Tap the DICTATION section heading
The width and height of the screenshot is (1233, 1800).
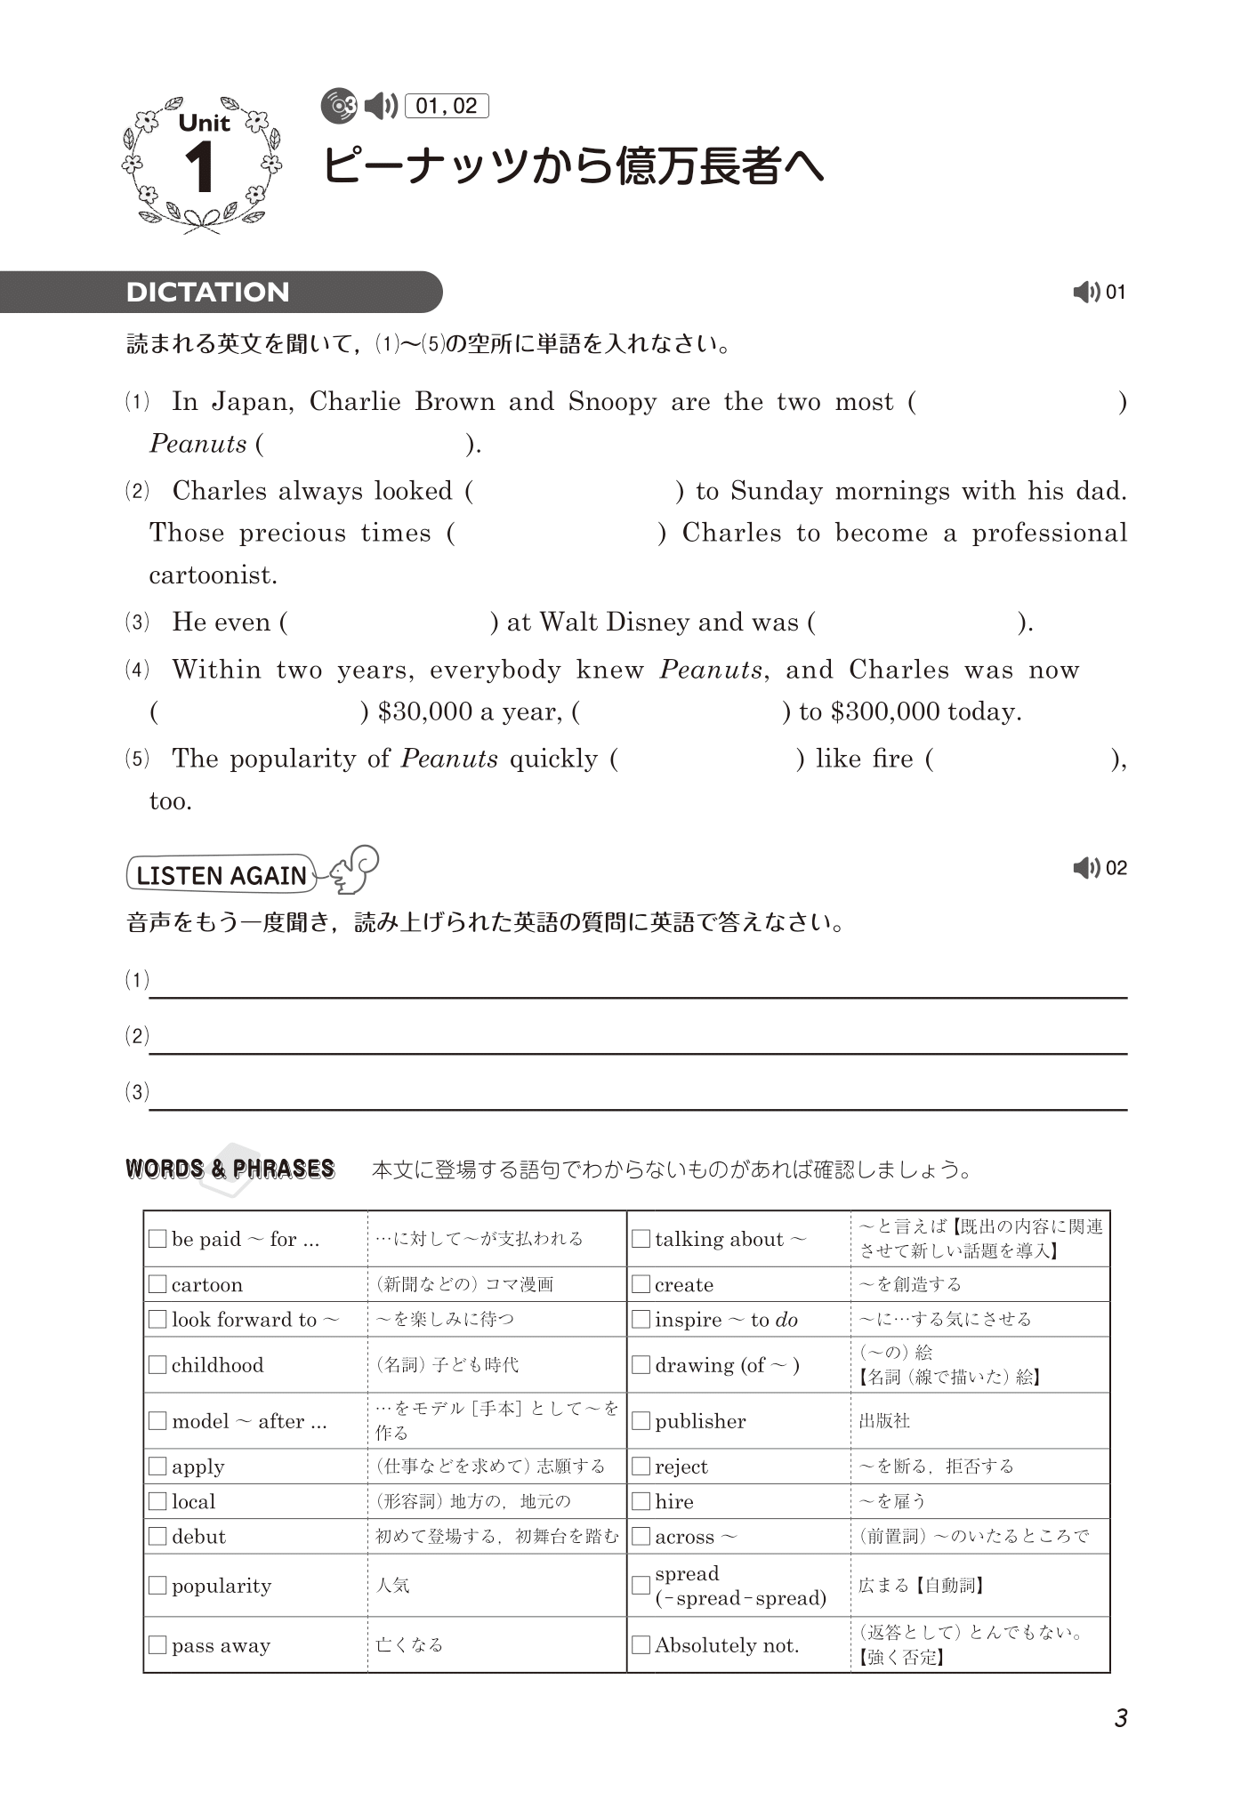point(207,292)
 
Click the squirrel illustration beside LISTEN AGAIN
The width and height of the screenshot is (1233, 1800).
point(355,869)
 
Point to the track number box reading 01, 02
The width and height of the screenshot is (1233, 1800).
point(447,107)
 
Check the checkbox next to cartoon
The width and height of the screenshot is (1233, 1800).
point(157,1284)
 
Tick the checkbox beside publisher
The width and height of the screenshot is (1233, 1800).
point(641,1421)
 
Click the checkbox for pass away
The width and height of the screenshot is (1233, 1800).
point(157,1645)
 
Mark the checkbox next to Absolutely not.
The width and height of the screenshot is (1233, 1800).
point(641,1645)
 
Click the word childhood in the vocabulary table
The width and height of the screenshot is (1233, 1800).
point(217,1365)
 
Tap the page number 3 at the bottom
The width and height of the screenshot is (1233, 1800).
point(1121,1718)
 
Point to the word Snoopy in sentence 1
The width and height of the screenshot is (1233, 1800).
point(612,402)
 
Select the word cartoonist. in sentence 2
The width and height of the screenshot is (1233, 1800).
point(213,575)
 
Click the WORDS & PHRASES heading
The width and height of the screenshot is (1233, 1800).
point(230,1169)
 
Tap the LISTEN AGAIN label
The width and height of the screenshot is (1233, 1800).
point(221,875)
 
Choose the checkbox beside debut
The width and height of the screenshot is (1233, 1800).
point(157,1536)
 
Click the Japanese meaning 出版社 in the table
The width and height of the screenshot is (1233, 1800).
point(884,1421)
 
